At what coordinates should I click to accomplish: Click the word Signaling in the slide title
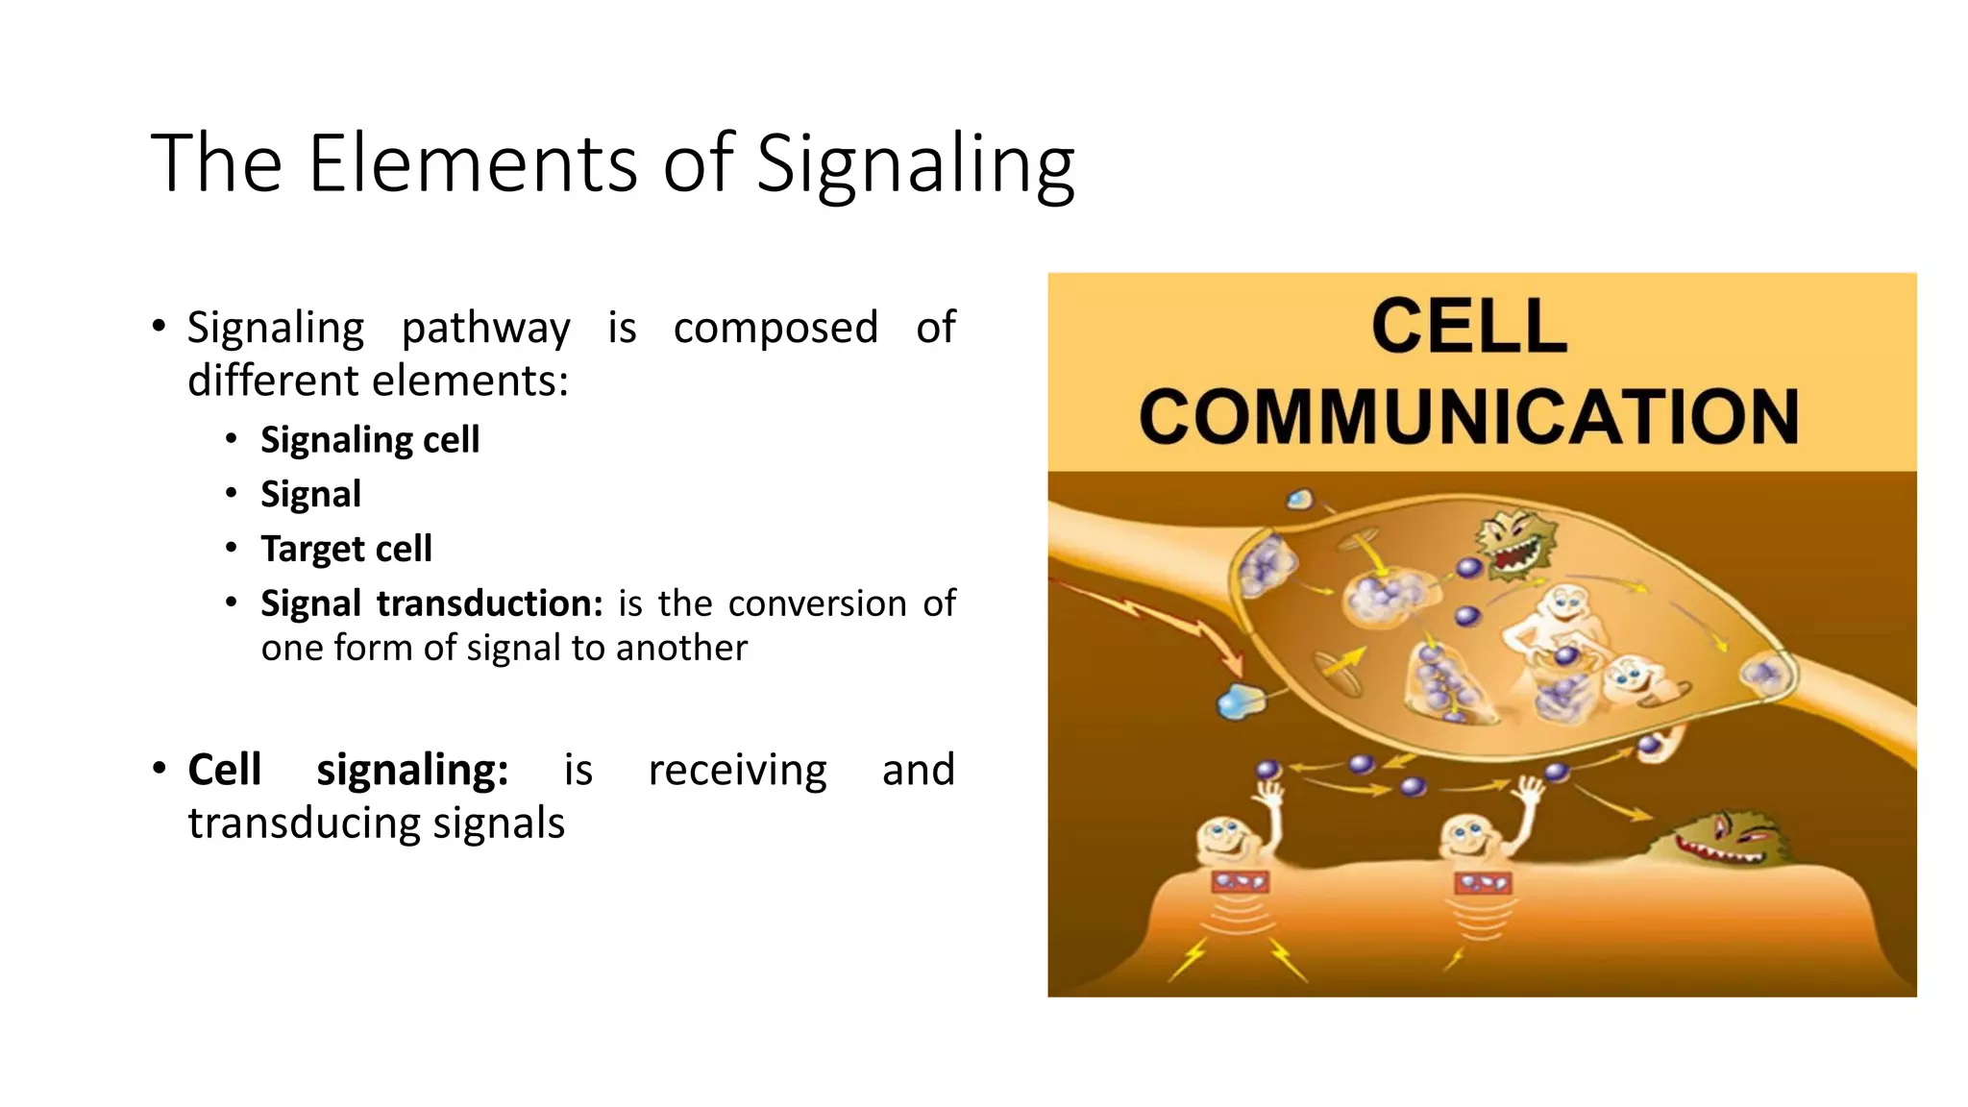[x=915, y=165]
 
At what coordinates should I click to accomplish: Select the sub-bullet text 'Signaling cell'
[x=370, y=440]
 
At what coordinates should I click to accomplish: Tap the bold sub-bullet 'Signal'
[x=310, y=494]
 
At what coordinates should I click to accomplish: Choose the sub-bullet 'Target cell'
[x=346, y=549]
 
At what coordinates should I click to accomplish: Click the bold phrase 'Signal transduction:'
[x=431, y=603]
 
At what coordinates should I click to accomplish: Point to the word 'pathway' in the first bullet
[x=485, y=329]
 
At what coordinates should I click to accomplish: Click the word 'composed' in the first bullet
[x=775, y=328]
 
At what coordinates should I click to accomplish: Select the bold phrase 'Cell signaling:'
[x=348, y=770]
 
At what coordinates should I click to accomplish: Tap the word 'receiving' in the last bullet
[x=737, y=770]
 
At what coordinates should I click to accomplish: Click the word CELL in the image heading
[x=1468, y=327]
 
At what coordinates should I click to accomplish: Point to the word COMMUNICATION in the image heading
[x=1468, y=417]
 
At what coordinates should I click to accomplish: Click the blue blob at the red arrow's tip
[x=1241, y=702]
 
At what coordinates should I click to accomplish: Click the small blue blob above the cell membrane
[x=1300, y=499]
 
